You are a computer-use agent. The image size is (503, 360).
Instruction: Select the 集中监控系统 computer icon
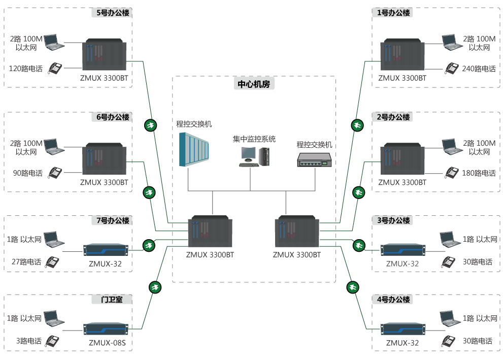254,156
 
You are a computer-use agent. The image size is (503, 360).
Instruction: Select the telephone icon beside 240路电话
452,68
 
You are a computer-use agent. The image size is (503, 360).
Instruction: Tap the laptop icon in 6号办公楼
54,147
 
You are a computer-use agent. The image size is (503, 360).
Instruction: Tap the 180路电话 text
478,173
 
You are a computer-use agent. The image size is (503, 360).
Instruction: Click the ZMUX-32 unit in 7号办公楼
106,249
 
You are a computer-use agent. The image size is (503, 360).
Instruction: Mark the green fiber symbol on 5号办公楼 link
150,125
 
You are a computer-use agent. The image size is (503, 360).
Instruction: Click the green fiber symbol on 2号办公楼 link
358,192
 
